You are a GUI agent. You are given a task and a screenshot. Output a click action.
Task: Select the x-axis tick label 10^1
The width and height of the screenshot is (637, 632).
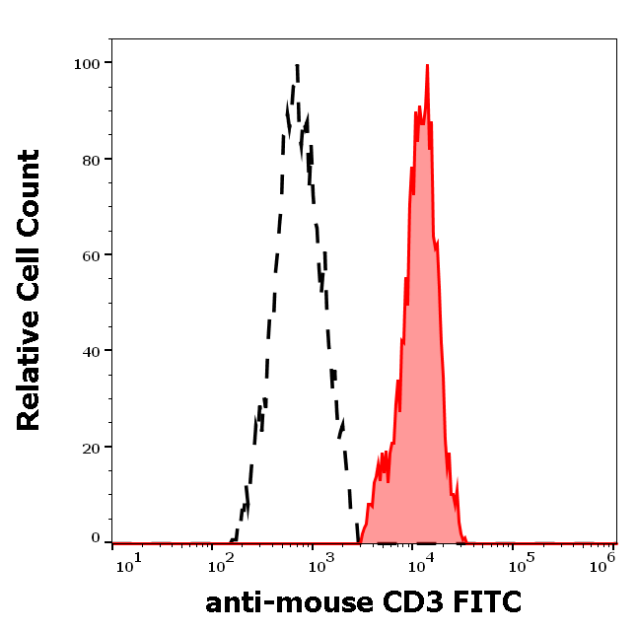pos(128,562)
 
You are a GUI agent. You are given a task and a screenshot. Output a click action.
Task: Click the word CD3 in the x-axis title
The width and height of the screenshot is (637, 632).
pos(415,601)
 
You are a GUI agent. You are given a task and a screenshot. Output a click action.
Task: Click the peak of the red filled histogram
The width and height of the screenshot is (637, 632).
pos(427,66)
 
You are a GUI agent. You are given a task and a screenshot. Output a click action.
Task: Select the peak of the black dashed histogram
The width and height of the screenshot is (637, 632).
pos(296,67)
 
